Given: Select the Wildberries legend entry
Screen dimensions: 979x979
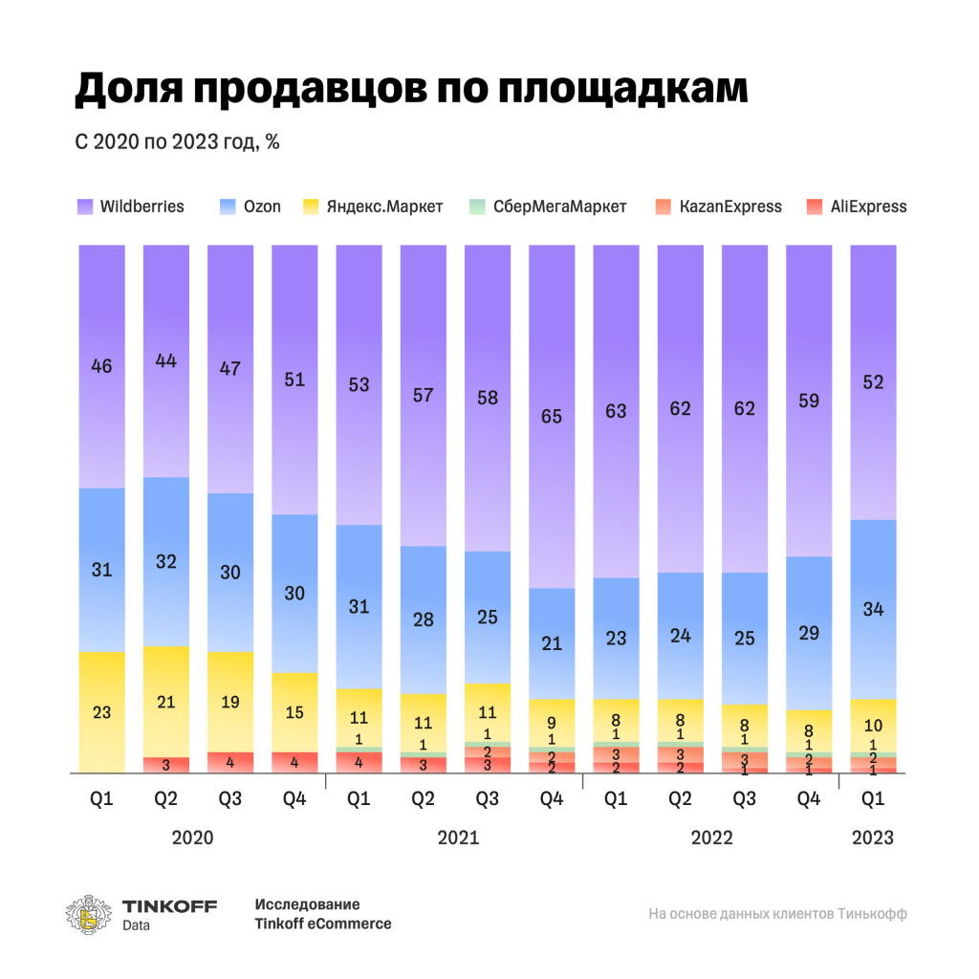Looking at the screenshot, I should [131, 207].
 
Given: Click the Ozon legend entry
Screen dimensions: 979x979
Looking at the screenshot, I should [251, 207].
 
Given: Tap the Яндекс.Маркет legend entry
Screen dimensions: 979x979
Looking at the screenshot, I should [374, 207].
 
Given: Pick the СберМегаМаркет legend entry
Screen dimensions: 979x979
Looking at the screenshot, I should [549, 207].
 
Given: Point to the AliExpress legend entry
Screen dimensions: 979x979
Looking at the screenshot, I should [857, 207].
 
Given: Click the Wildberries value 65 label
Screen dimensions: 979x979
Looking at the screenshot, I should [552, 417].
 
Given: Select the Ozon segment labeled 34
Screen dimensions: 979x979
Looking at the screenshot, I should [873, 609].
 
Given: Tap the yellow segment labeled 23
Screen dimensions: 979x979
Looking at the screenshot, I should [102, 711].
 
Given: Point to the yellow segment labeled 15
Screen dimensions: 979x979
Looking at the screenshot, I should [295, 712].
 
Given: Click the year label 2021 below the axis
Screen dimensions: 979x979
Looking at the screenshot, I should [458, 838].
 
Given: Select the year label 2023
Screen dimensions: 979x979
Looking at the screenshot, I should [873, 838].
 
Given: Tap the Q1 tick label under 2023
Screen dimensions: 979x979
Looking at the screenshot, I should [873, 799].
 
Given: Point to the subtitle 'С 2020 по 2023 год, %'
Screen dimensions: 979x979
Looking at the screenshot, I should [177, 142].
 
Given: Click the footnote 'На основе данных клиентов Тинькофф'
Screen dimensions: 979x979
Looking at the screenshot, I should [777, 914].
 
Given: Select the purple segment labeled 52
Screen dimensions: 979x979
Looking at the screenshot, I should [873, 382].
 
